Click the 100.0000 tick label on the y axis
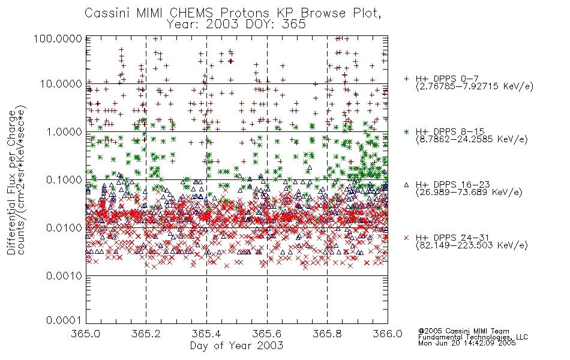[58, 38]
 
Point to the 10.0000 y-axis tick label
[61, 84]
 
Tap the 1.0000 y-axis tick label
[64, 131]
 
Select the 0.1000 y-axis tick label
[64, 179]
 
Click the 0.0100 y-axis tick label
[64, 227]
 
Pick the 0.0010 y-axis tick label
[64, 276]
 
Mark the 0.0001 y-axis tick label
[64, 320]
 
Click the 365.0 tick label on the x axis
[86, 334]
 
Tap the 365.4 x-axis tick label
[206, 334]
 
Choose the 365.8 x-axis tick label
[327, 334]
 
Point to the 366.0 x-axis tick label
[388, 334]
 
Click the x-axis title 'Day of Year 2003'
[236, 346]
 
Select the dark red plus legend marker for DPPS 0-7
[407, 79]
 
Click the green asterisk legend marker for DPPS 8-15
[407, 131]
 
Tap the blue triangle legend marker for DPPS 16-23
[407, 185]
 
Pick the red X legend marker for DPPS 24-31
[407, 238]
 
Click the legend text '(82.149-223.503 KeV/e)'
[472, 245]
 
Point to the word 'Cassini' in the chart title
[108, 13]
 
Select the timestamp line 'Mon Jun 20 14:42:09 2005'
[467, 343]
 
